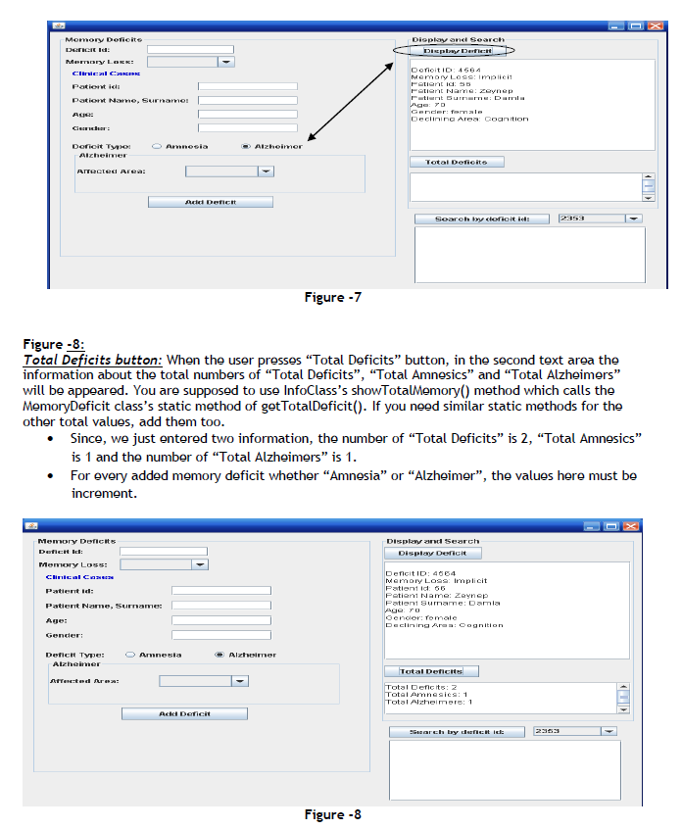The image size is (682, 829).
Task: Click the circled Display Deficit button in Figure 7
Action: [451, 50]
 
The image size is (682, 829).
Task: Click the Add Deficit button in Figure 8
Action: [184, 713]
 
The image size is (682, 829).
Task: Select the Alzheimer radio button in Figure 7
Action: [246, 146]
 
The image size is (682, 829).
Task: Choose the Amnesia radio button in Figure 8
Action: [131, 655]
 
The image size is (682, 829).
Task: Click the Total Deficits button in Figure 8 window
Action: [430, 671]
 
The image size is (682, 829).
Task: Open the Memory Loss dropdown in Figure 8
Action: [200, 564]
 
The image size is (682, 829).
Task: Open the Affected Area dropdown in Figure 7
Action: [266, 171]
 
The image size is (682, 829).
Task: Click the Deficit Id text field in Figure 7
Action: [190, 49]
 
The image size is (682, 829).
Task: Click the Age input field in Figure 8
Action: [220, 620]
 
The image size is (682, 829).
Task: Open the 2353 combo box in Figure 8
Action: [609, 731]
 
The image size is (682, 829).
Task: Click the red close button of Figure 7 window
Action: [655, 26]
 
